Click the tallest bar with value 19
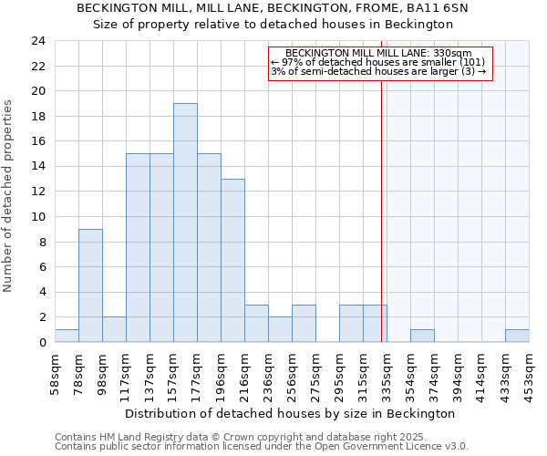pos(185,223)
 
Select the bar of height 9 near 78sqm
pos(90,285)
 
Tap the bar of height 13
pos(232,260)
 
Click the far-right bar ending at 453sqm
pos(517,336)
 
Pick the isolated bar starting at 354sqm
pos(422,336)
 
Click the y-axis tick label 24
pos(37,41)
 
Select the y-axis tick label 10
pos(37,217)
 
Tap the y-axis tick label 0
pos(41,343)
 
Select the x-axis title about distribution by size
pos(290,414)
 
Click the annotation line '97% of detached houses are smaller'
pos(379,62)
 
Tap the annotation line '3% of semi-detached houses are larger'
pos(379,71)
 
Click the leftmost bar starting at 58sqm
pos(67,336)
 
